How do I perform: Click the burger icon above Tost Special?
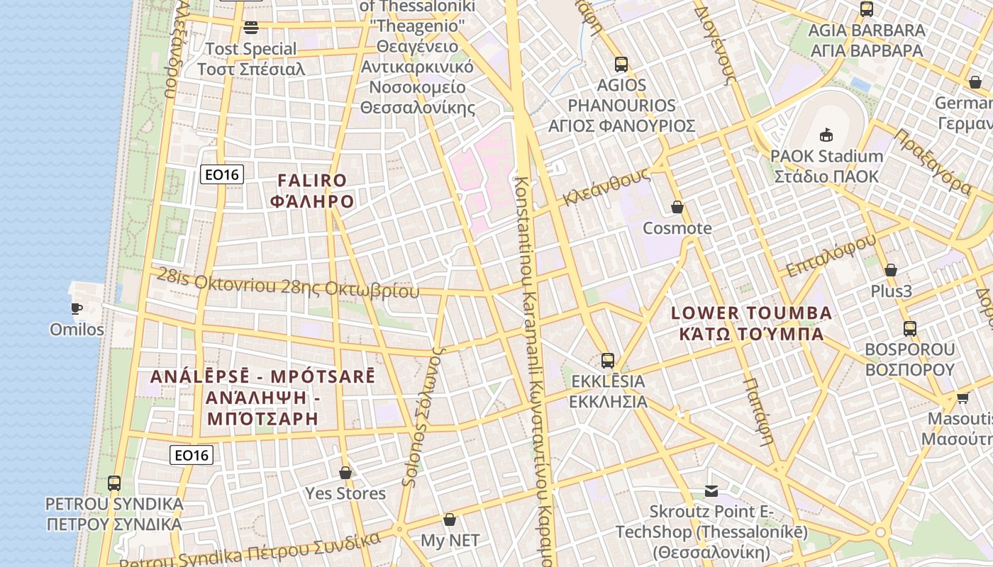pyautogui.click(x=251, y=28)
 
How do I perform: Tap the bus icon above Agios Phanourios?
pyautogui.click(x=621, y=64)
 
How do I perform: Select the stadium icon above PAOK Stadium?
pyautogui.click(x=826, y=135)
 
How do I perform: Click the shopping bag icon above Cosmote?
pyautogui.click(x=677, y=207)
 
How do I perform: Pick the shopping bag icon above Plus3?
pyautogui.click(x=891, y=270)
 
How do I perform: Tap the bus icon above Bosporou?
pyautogui.click(x=910, y=329)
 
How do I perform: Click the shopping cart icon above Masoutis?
pyautogui.click(x=963, y=398)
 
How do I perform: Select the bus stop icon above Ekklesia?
pyautogui.click(x=608, y=360)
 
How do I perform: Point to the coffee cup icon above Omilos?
pyautogui.click(x=77, y=308)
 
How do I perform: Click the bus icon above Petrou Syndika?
pyautogui.click(x=114, y=483)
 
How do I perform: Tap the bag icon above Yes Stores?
pyautogui.click(x=345, y=472)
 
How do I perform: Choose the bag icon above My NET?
pyautogui.click(x=450, y=520)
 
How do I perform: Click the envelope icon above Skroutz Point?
pyautogui.click(x=711, y=490)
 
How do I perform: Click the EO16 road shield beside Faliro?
pyautogui.click(x=222, y=174)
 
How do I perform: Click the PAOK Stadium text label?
pyautogui.click(x=826, y=156)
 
